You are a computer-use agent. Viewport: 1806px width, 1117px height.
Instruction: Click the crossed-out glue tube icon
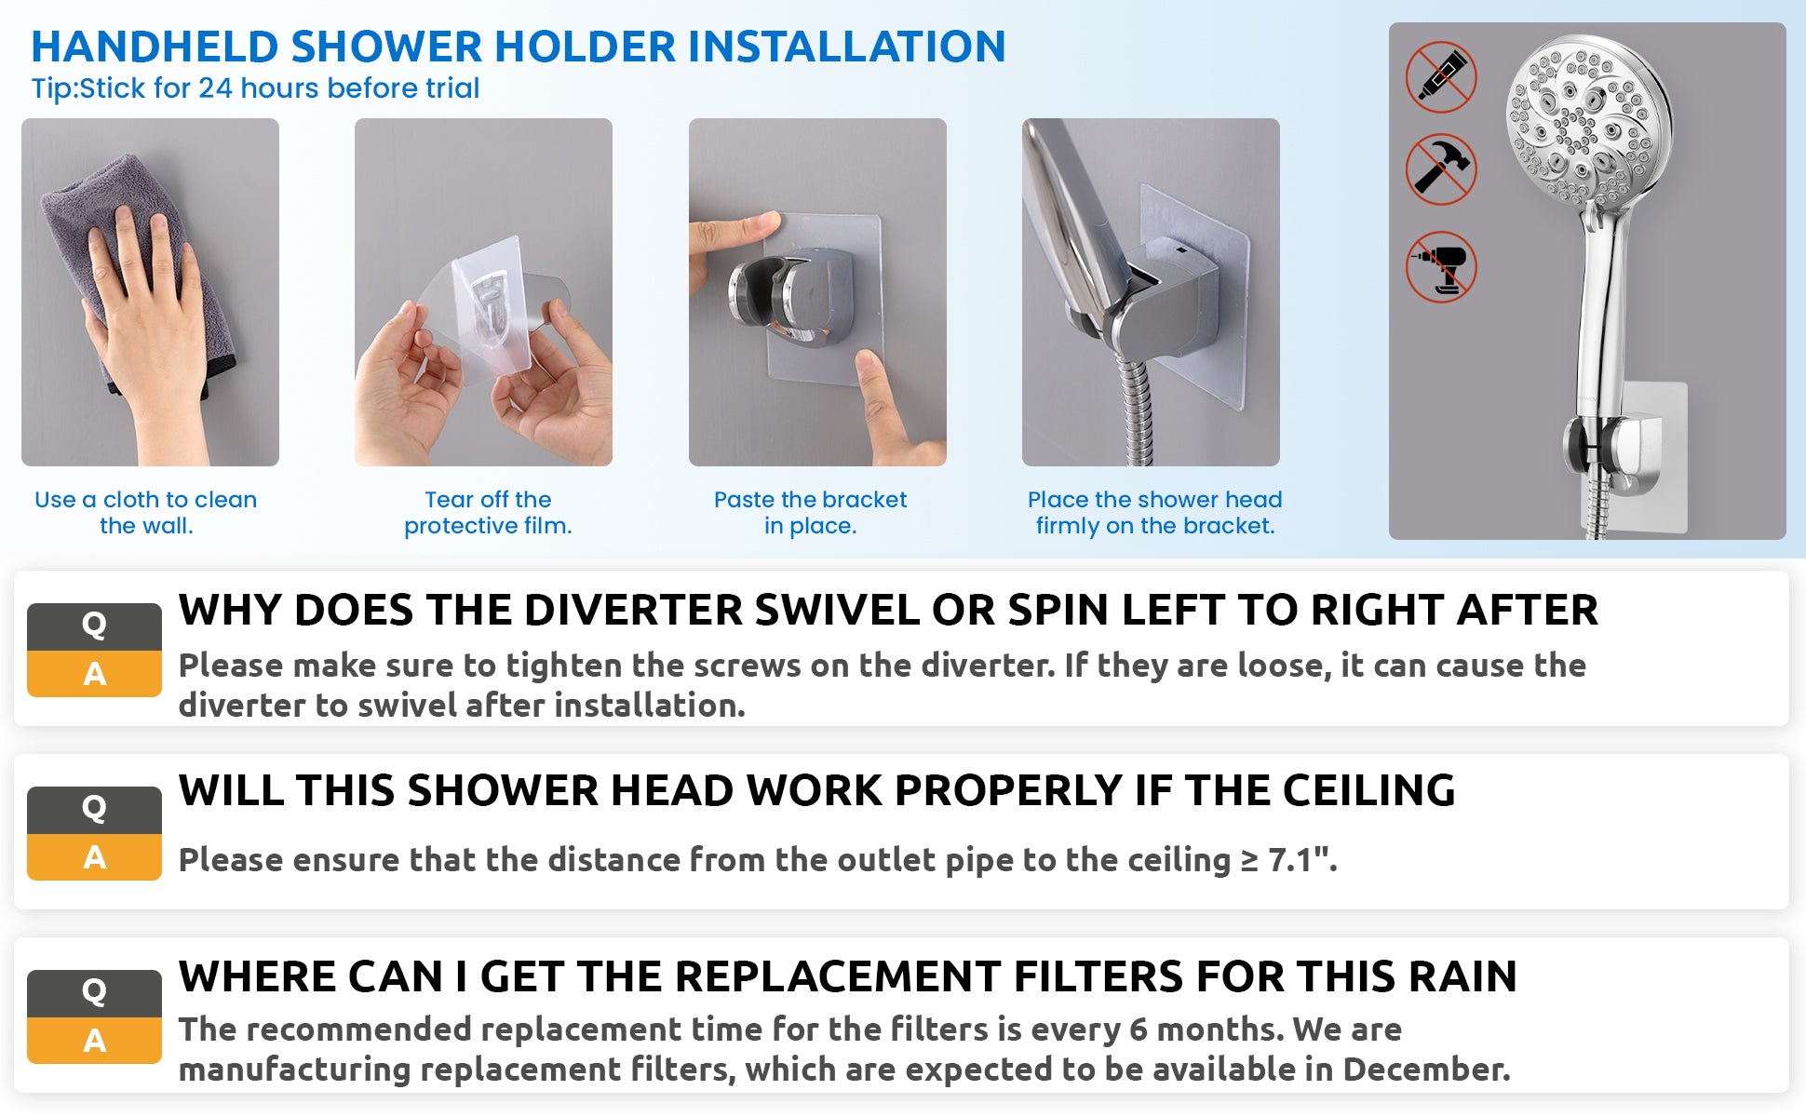pyautogui.click(x=1440, y=77)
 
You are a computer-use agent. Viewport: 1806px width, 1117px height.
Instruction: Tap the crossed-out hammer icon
pyautogui.click(x=1440, y=169)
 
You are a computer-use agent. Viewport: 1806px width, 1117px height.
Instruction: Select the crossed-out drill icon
pyautogui.click(x=1441, y=267)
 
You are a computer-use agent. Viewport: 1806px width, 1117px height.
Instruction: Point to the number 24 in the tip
pyautogui.click(x=215, y=87)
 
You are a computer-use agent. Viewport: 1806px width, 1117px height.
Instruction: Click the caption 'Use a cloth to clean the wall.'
pyautogui.click(x=146, y=512)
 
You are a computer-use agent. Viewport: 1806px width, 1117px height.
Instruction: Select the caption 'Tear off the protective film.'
pyautogui.click(x=488, y=512)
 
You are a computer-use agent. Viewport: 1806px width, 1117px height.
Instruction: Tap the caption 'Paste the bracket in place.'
pyautogui.click(x=810, y=512)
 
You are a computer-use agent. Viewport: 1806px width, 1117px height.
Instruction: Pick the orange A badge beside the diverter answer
pyautogui.click(x=94, y=674)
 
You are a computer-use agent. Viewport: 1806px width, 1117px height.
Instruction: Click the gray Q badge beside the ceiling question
pyautogui.click(x=94, y=810)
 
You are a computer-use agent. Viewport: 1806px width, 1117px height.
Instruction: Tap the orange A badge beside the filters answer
pyautogui.click(x=94, y=1041)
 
